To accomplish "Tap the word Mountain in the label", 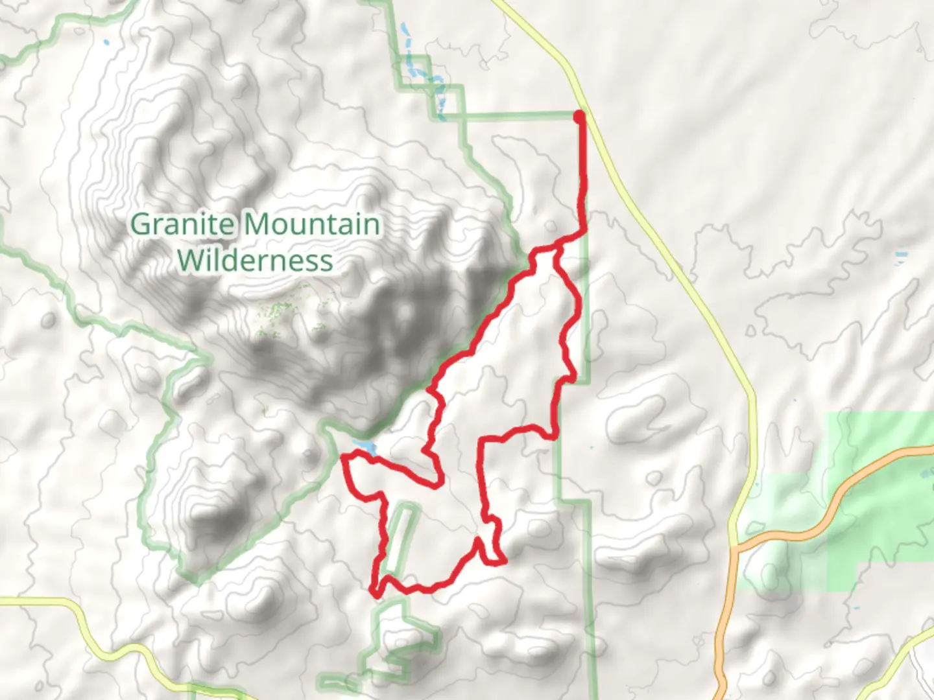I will pyautogui.click(x=313, y=225).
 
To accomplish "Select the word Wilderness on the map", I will pyautogui.click(x=255, y=261).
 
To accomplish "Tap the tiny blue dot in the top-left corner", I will pyautogui.click(x=106, y=43).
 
